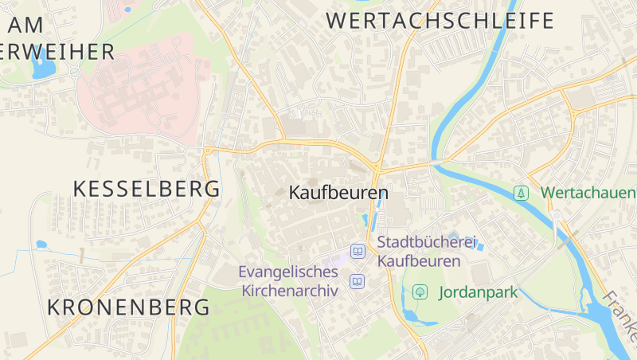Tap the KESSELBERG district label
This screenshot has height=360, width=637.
tap(147, 189)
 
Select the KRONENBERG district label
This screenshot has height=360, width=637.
tap(128, 307)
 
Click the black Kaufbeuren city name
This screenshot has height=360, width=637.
tap(338, 193)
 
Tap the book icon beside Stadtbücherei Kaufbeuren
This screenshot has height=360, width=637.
tap(358, 252)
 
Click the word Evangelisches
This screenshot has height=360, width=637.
tap(288, 272)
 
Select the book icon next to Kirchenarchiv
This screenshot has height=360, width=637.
tap(358, 282)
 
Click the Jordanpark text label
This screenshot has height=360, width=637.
tap(478, 292)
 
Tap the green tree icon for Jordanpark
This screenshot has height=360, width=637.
tap(419, 292)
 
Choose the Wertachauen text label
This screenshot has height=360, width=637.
tap(588, 193)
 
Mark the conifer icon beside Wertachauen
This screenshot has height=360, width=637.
tap(521, 193)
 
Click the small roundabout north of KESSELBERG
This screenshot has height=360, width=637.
tap(208, 150)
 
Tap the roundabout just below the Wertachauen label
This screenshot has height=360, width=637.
tap(557, 215)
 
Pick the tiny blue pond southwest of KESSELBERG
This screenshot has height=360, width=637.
tap(41, 245)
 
